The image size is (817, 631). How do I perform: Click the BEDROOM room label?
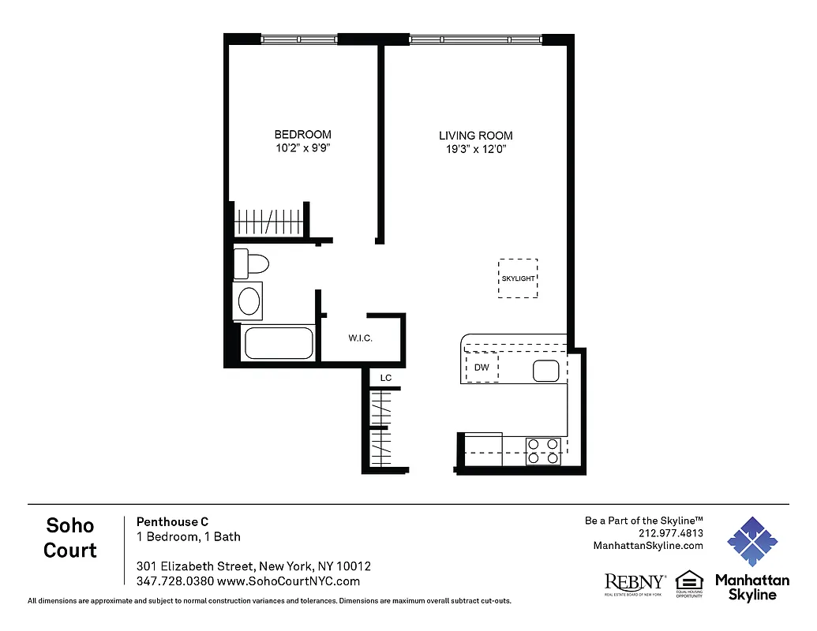pyautogui.click(x=302, y=135)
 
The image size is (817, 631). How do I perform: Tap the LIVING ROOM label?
pyautogui.click(x=475, y=136)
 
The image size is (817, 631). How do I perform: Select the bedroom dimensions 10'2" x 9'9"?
pyautogui.click(x=302, y=148)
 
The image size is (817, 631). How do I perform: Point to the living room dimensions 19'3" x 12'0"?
pyautogui.click(x=475, y=149)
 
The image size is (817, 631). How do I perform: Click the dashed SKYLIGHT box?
pyautogui.click(x=518, y=278)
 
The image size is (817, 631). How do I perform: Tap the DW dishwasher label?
pyautogui.click(x=482, y=368)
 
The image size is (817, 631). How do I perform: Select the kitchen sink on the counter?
pyautogui.click(x=545, y=370)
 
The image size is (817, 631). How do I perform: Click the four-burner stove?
pyautogui.click(x=543, y=450)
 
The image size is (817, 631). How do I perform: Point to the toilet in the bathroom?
pyautogui.click(x=253, y=263)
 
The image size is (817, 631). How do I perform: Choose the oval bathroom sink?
pyautogui.click(x=249, y=301)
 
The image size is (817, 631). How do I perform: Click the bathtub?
pyautogui.click(x=279, y=343)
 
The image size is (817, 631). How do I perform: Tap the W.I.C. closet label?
pyautogui.click(x=360, y=338)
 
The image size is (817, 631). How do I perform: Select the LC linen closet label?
pyautogui.click(x=386, y=379)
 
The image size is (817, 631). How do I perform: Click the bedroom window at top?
pyautogui.click(x=299, y=39)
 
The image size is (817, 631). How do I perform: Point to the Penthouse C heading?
pyautogui.click(x=173, y=521)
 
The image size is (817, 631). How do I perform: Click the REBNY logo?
pyautogui.click(x=635, y=583)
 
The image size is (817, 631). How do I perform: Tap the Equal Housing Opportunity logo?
pyautogui.click(x=689, y=583)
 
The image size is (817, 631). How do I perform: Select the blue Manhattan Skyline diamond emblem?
pyautogui.click(x=751, y=543)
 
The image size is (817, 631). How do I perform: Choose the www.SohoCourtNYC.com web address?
pyautogui.click(x=288, y=581)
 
